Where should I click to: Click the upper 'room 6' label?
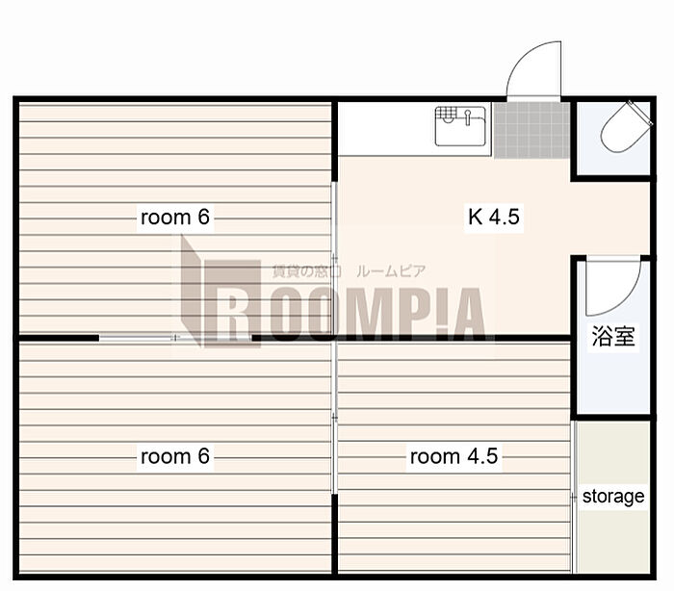coord(175,218)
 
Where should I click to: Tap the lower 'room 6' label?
coord(175,456)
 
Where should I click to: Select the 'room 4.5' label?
coord(454,456)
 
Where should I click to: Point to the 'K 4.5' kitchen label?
coord(494,217)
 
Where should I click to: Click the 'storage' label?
coord(613,497)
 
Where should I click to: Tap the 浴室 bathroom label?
coord(613,336)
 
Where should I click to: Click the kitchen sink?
coord(460,126)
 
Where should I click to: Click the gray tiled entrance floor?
coord(532,130)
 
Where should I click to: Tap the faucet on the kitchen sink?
coord(468,116)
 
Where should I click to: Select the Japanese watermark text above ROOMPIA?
coord(349,271)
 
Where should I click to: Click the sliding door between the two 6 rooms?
coord(175,338)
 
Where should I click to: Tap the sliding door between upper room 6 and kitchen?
coord(334,258)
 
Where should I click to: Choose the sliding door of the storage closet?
coord(574,497)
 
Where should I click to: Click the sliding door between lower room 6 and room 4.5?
coord(334,418)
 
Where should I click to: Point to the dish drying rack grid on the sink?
coord(444,115)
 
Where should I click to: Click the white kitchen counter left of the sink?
coord(386,129)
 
